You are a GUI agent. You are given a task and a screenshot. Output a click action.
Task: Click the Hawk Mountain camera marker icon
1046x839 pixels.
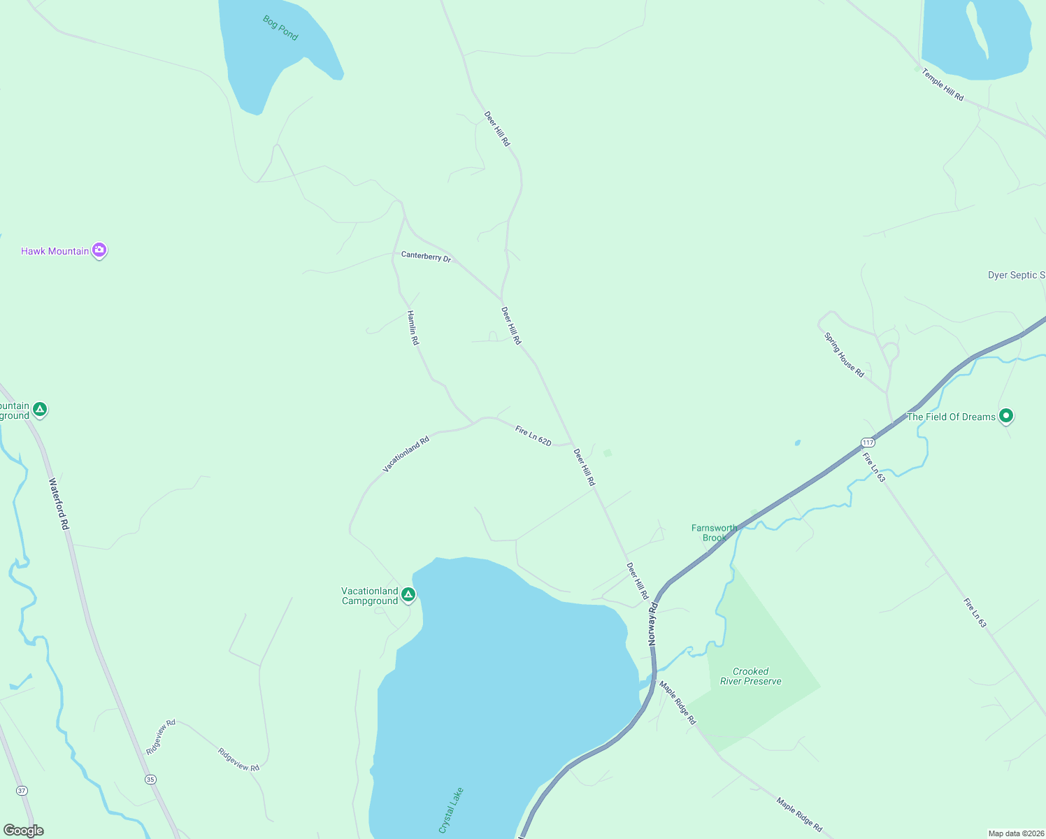99,250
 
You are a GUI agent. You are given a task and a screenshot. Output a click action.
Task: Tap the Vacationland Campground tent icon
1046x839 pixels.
408,595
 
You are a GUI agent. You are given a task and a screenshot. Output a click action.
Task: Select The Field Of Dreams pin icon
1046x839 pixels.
1006,416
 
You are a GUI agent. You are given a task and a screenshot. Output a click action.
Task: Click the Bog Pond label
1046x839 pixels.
280,28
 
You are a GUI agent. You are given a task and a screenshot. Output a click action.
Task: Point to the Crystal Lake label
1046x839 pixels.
451,810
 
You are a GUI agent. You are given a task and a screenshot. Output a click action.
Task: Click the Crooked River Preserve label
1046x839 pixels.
751,676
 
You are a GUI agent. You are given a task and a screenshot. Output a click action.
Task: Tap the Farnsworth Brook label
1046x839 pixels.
714,533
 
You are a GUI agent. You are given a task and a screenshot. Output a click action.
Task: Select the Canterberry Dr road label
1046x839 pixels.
426,257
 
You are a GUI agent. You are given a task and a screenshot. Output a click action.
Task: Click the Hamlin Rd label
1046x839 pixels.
413,327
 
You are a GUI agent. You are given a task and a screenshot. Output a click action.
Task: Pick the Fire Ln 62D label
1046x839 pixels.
533,436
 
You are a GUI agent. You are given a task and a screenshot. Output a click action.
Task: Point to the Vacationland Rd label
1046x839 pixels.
406,455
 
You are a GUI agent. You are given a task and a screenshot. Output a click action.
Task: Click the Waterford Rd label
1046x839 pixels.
59,503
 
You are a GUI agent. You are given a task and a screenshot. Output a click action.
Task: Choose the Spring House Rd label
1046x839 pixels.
844,354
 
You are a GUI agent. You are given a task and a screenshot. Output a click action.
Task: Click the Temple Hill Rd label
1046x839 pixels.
943,85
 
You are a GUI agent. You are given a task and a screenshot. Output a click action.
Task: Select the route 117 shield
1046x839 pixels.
868,443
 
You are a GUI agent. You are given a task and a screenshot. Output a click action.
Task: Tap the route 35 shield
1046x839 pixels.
150,779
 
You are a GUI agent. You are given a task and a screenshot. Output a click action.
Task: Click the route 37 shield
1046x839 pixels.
22,791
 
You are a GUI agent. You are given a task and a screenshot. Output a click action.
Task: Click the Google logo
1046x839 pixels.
24,831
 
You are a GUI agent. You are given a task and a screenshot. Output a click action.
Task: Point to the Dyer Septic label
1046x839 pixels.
1016,275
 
